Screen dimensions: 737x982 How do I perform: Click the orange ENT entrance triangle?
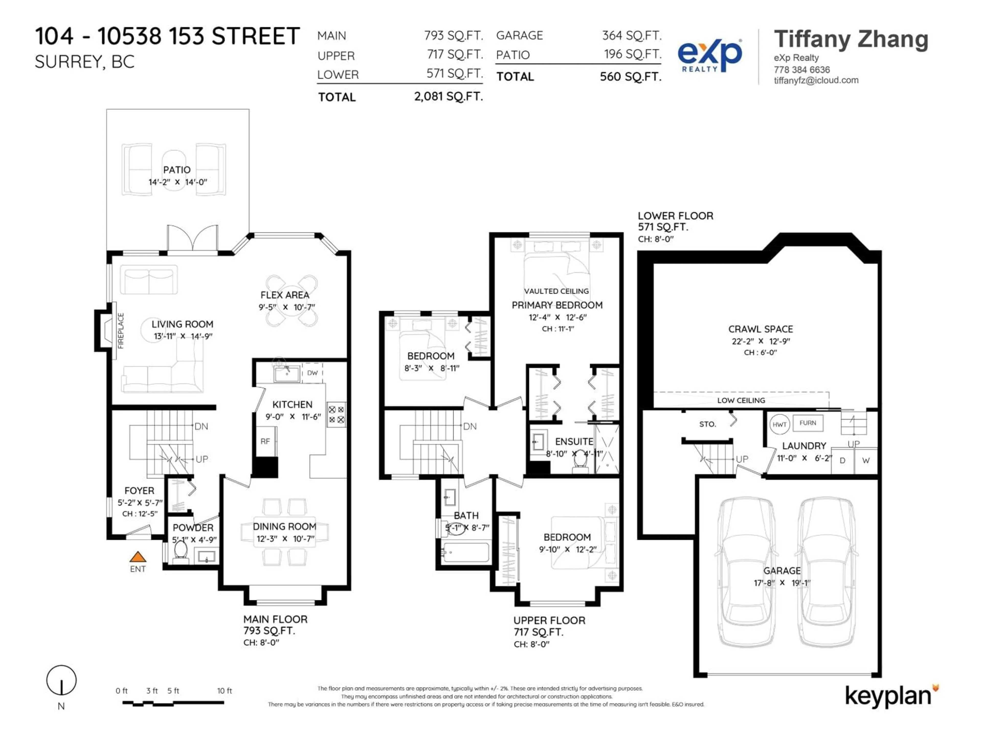(x=138, y=557)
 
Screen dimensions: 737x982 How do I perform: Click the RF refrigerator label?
(x=265, y=441)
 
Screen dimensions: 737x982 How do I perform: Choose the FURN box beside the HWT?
(x=808, y=423)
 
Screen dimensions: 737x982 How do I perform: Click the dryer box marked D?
(x=842, y=461)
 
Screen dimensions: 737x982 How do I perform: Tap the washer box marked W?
(x=866, y=461)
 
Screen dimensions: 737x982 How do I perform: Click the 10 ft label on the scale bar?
(x=224, y=691)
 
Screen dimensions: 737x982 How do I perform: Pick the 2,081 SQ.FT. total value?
(x=448, y=96)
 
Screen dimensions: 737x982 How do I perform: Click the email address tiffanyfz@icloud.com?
(x=816, y=80)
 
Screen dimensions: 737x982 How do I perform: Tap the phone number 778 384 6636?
(x=802, y=70)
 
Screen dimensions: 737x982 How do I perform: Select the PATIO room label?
(x=177, y=170)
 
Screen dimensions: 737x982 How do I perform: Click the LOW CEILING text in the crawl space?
(x=741, y=400)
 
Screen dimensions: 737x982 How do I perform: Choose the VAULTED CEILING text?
(x=556, y=291)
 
